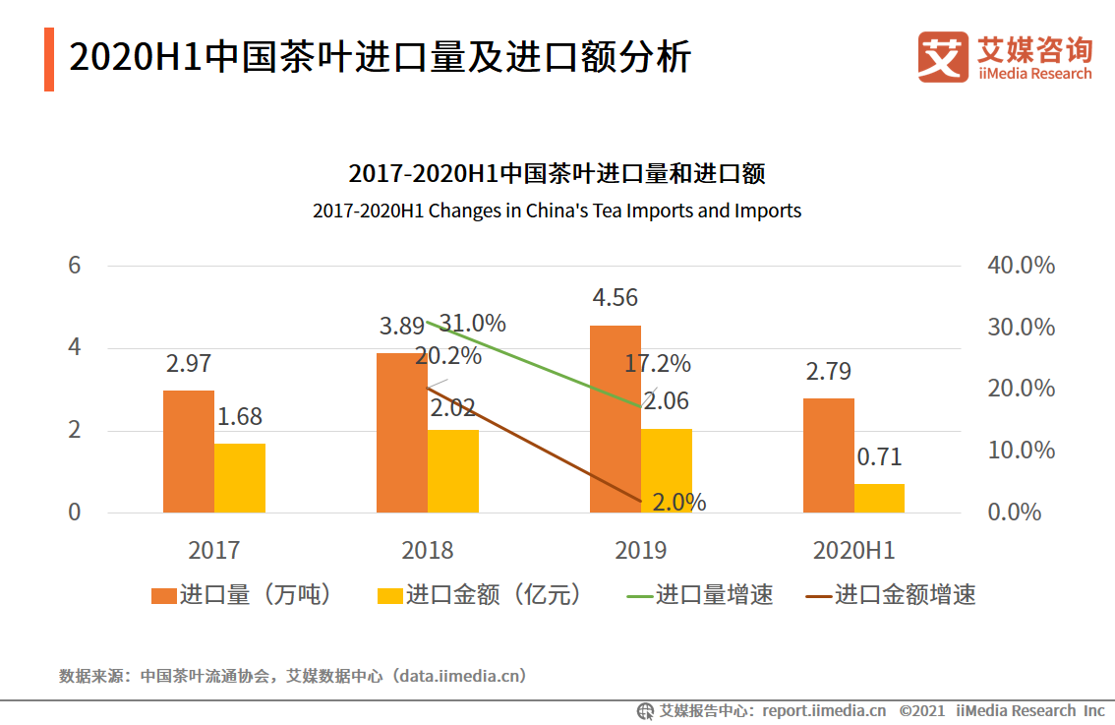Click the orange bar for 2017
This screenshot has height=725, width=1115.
189,452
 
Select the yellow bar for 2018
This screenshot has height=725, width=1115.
453,471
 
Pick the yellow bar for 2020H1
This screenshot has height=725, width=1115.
879,498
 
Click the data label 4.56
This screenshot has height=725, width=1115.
616,297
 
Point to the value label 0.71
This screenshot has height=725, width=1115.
879,457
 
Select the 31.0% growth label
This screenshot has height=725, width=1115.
473,324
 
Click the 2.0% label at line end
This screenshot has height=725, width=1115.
679,503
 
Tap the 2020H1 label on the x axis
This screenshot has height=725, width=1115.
853,550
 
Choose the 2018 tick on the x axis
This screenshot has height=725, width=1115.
428,550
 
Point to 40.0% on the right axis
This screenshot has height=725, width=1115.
1022,266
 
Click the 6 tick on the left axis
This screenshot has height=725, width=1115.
74,266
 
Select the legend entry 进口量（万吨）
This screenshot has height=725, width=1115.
241,595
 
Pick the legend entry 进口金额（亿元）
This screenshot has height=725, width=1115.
480,595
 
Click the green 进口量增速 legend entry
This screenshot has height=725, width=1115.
701,595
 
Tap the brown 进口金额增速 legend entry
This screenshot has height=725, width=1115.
891,595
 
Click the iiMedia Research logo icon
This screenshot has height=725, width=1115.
943,57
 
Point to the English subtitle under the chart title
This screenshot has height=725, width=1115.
557,211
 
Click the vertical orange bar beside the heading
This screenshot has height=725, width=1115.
49,59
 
